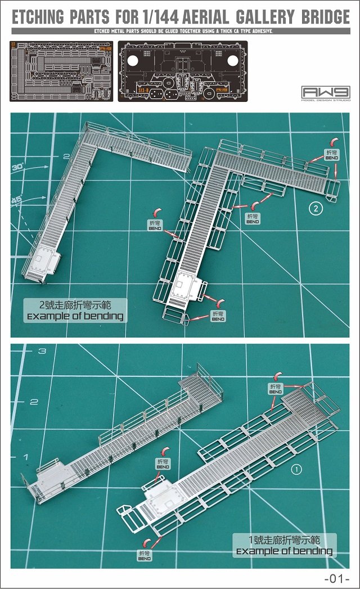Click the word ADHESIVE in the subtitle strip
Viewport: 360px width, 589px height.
259,31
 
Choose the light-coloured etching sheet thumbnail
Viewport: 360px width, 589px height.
61,71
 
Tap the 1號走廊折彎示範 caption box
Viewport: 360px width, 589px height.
284,546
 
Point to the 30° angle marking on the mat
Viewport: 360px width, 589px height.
17,167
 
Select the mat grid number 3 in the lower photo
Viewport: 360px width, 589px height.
42,351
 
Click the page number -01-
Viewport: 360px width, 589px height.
337,578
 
